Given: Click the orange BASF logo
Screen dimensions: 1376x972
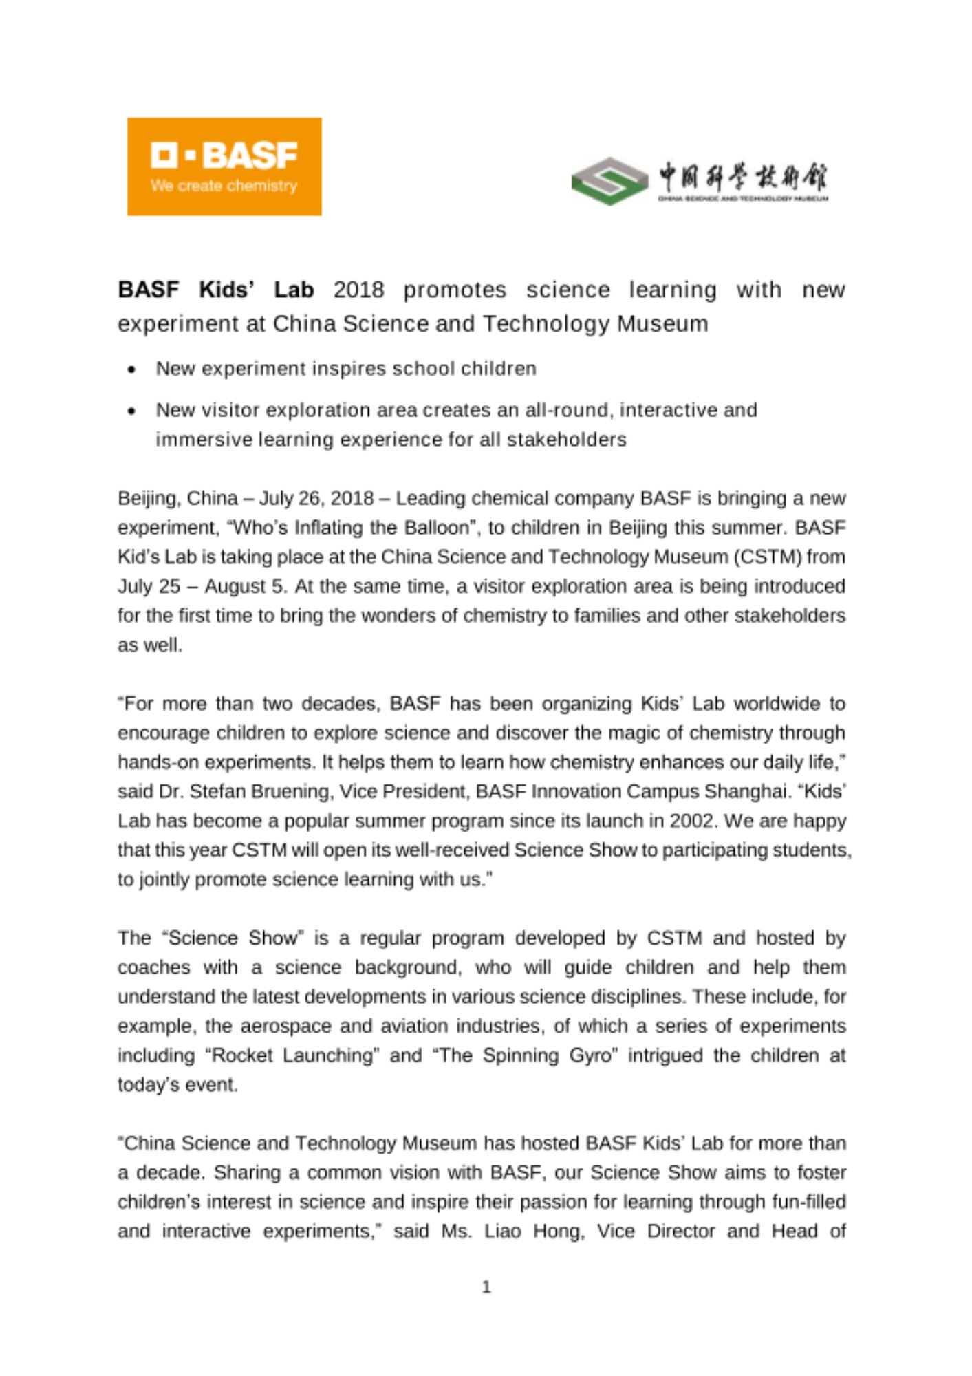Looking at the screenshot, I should pyautogui.click(x=224, y=166).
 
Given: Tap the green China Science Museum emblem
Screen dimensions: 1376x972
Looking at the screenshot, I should pyautogui.click(x=609, y=181).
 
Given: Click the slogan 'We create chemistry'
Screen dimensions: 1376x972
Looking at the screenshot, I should pyautogui.click(x=224, y=186).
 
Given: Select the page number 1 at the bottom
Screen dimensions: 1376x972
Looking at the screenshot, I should pyautogui.click(x=486, y=1287).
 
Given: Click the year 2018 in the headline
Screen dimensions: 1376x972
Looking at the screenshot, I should pyautogui.click(x=358, y=290).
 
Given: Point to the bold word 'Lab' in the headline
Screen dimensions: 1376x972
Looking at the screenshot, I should pyautogui.click(x=294, y=290).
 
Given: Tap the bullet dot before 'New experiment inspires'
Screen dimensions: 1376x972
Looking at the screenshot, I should pyautogui.click(x=131, y=370).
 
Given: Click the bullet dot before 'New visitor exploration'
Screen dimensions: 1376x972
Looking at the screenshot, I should pyautogui.click(x=131, y=411).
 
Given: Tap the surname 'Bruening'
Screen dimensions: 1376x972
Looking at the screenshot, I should pyautogui.click(x=292, y=792).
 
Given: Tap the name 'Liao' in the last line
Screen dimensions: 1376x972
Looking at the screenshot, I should pyautogui.click(x=503, y=1231).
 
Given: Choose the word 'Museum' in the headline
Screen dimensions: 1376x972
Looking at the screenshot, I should pyautogui.click(x=662, y=324).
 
